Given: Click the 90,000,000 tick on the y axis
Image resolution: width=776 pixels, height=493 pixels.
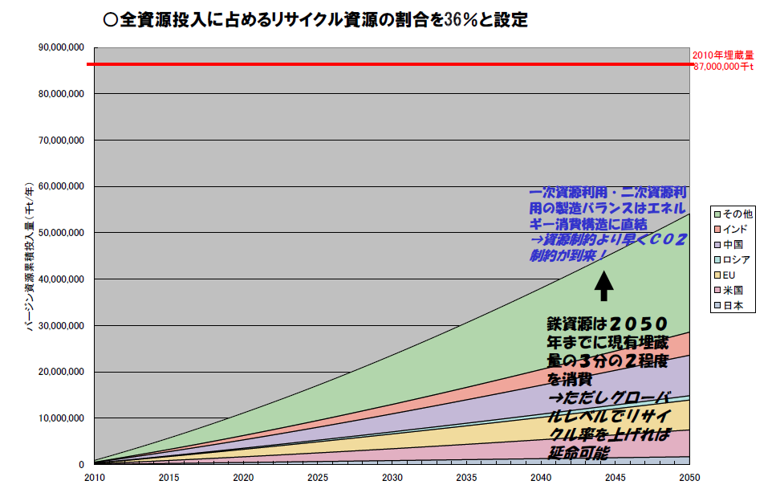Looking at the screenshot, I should [x=62, y=48].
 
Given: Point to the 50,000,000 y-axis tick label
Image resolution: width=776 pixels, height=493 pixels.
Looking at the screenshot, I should [x=62, y=233].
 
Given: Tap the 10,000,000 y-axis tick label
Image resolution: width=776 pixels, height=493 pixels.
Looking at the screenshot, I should [x=62, y=418].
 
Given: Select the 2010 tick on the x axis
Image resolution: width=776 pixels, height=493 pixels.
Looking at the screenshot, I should [x=94, y=477].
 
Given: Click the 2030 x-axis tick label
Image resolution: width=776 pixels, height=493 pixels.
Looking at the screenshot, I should [x=392, y=477].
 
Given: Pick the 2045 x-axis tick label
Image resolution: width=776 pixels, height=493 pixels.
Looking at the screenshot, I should [x=616, y=477].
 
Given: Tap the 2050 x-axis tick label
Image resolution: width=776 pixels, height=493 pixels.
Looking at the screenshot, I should [x=689, y=477].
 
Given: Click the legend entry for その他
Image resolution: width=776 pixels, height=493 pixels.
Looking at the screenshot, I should [x=732, y=214].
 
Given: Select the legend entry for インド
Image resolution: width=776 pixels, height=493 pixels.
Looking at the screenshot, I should [x=732, y=229].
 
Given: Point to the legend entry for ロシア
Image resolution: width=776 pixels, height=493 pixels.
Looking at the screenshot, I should [x=732, y=259].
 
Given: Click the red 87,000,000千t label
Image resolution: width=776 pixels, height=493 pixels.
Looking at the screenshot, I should [x=724, y=67].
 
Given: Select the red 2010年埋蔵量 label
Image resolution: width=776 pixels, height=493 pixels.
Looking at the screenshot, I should [x=723, y=55].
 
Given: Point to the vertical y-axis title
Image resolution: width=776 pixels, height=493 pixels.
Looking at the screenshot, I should [x=29, y=257].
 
